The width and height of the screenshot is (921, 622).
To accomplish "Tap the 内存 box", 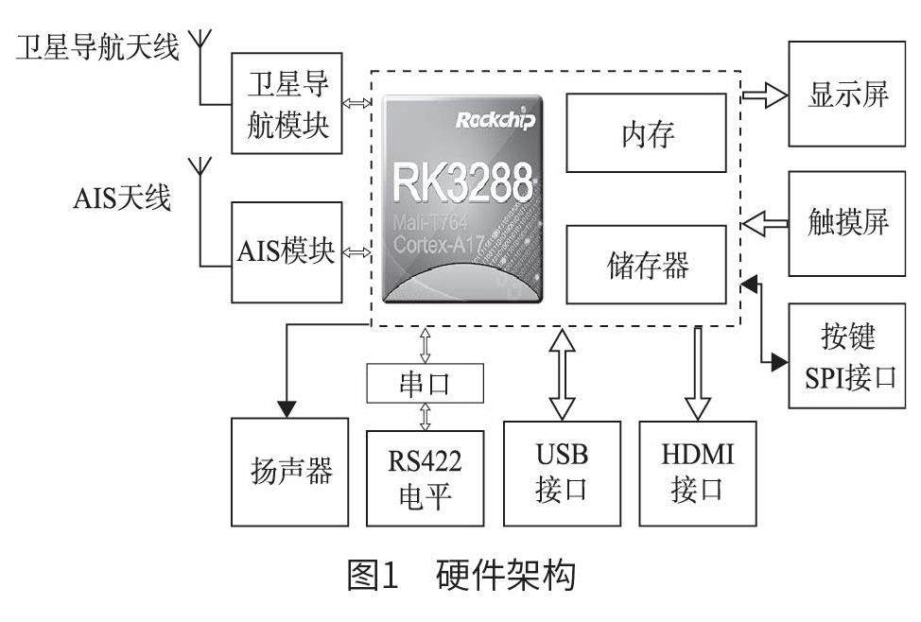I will (647, 134).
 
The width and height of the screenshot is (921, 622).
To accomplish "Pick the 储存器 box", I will (647, 264).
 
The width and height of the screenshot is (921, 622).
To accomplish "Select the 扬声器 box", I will (286, 471).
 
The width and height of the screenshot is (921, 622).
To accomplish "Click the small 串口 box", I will (425, 383).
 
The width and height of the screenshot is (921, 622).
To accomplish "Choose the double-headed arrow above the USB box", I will (562, 372).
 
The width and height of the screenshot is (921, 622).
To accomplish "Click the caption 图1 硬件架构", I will (460, 576).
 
